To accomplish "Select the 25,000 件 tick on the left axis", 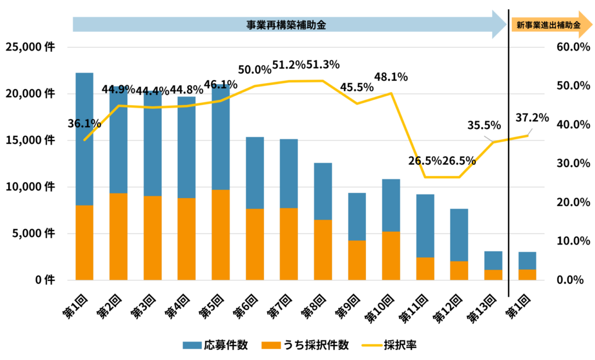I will click(x=30, y=47).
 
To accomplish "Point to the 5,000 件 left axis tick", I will click(x=33, y=233).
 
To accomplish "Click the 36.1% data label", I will click(x=84, y=123).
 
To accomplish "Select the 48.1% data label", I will click(x=391, y=77).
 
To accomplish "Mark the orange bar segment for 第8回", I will click(x=323, y=250).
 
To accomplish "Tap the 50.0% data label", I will click(x=255, y=70).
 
